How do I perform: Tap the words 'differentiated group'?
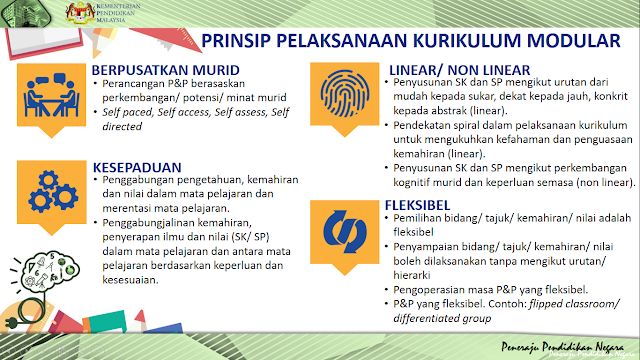[x=446, y=319]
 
